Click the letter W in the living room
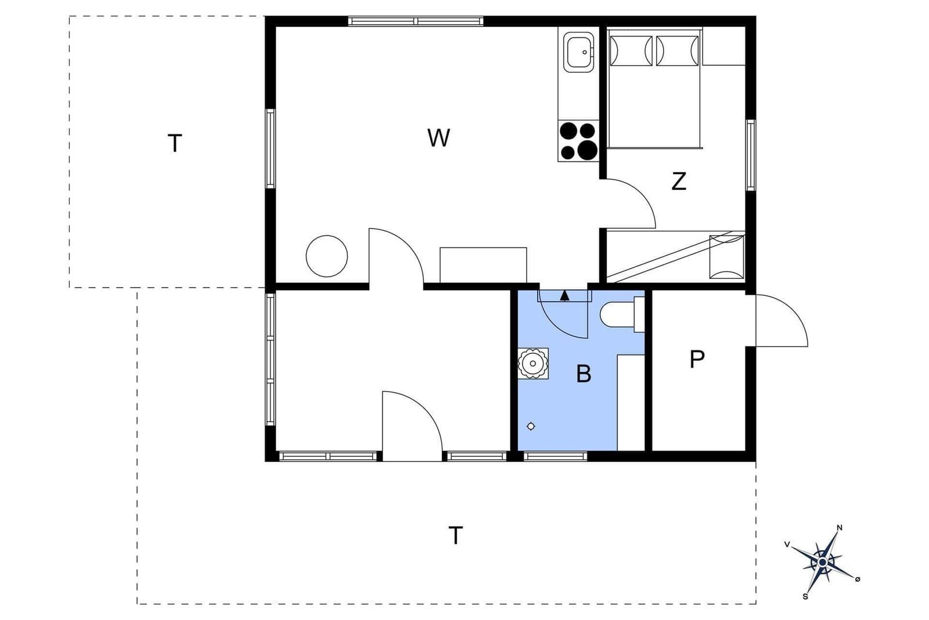click(x=438, y=138)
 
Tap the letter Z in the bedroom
click(x=679, y=181)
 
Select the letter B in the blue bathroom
click(x=584, y=374)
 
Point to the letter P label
click(x=697, y=359)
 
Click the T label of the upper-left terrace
click(x=175, y=143)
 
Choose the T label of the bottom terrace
click(x=455, y=535)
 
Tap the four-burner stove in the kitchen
click(x=578, y=141)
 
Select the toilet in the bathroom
click(x=622, y=314)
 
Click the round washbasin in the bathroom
click(x=533, y=364)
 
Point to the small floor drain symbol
click(x=531, y=426)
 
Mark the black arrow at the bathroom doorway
click(x=564, y=296)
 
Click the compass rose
click(x=822, y=562)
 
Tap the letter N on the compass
click(x=840, y=528)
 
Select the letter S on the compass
click(x=805, y=597)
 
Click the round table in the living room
click(x=327, y=256)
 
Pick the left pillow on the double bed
click(x=631, y=51)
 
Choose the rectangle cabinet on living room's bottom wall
click(x=483, y=265)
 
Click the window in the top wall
click(x=416, y=21)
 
